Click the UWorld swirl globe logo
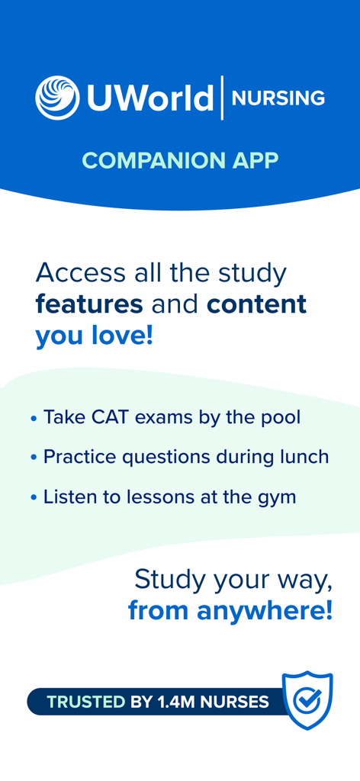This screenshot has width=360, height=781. tap(57, 98)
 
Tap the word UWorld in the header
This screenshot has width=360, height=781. tap(149, 98)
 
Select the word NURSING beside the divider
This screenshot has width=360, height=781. tap(278, 98)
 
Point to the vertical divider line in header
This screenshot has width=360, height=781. tap(223, 98)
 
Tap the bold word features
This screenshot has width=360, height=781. tap(89, 304)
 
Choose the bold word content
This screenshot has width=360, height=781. tap(256, 304)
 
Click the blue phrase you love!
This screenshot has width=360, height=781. tap(95, 336)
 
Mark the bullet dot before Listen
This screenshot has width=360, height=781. tap(34, 498)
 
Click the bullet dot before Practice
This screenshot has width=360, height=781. tap(34, 458)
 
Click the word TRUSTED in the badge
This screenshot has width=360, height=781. tap(85, 702)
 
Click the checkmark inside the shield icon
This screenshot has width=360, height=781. tap(307, 699)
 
